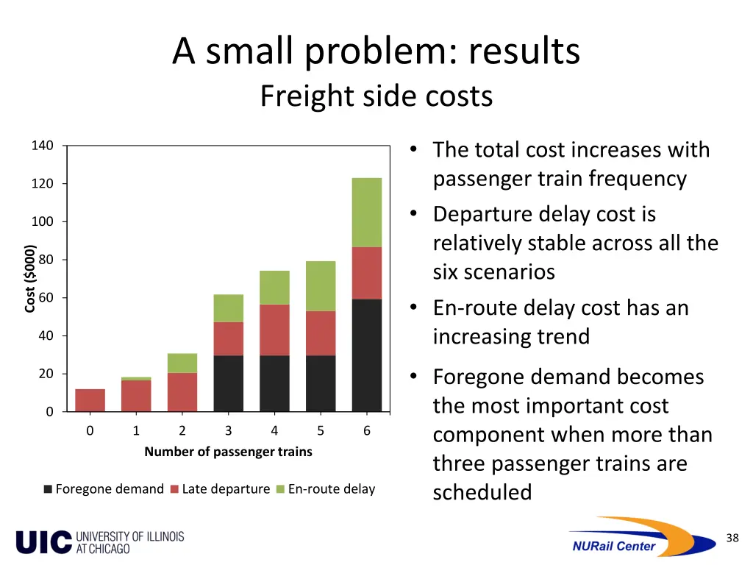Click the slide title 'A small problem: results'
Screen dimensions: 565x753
pos(376,51)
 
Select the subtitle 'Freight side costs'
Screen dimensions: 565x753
pos(376,96)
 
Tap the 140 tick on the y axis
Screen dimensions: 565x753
pos(42,146)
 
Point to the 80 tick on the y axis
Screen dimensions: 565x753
pos(45,260)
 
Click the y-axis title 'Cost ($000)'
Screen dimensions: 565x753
pos(29,279)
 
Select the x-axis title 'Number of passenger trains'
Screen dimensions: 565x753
pos(228,452)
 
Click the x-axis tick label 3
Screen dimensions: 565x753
pos(228,431)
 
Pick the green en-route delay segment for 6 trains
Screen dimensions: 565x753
pos(366,212)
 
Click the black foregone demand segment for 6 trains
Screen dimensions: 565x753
pos(366,355)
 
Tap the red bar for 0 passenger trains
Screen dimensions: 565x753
pos(90,400)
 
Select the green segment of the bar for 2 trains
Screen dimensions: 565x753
pos(182,363)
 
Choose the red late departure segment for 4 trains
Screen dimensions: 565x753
pos(274,330)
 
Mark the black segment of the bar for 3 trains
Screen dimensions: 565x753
pos(228,383)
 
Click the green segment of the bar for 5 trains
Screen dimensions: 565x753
pos(320,285)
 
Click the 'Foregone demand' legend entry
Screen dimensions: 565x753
pos(104,489)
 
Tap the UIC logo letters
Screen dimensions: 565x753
pos(43,541)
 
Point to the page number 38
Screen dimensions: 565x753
pos(732,538)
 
